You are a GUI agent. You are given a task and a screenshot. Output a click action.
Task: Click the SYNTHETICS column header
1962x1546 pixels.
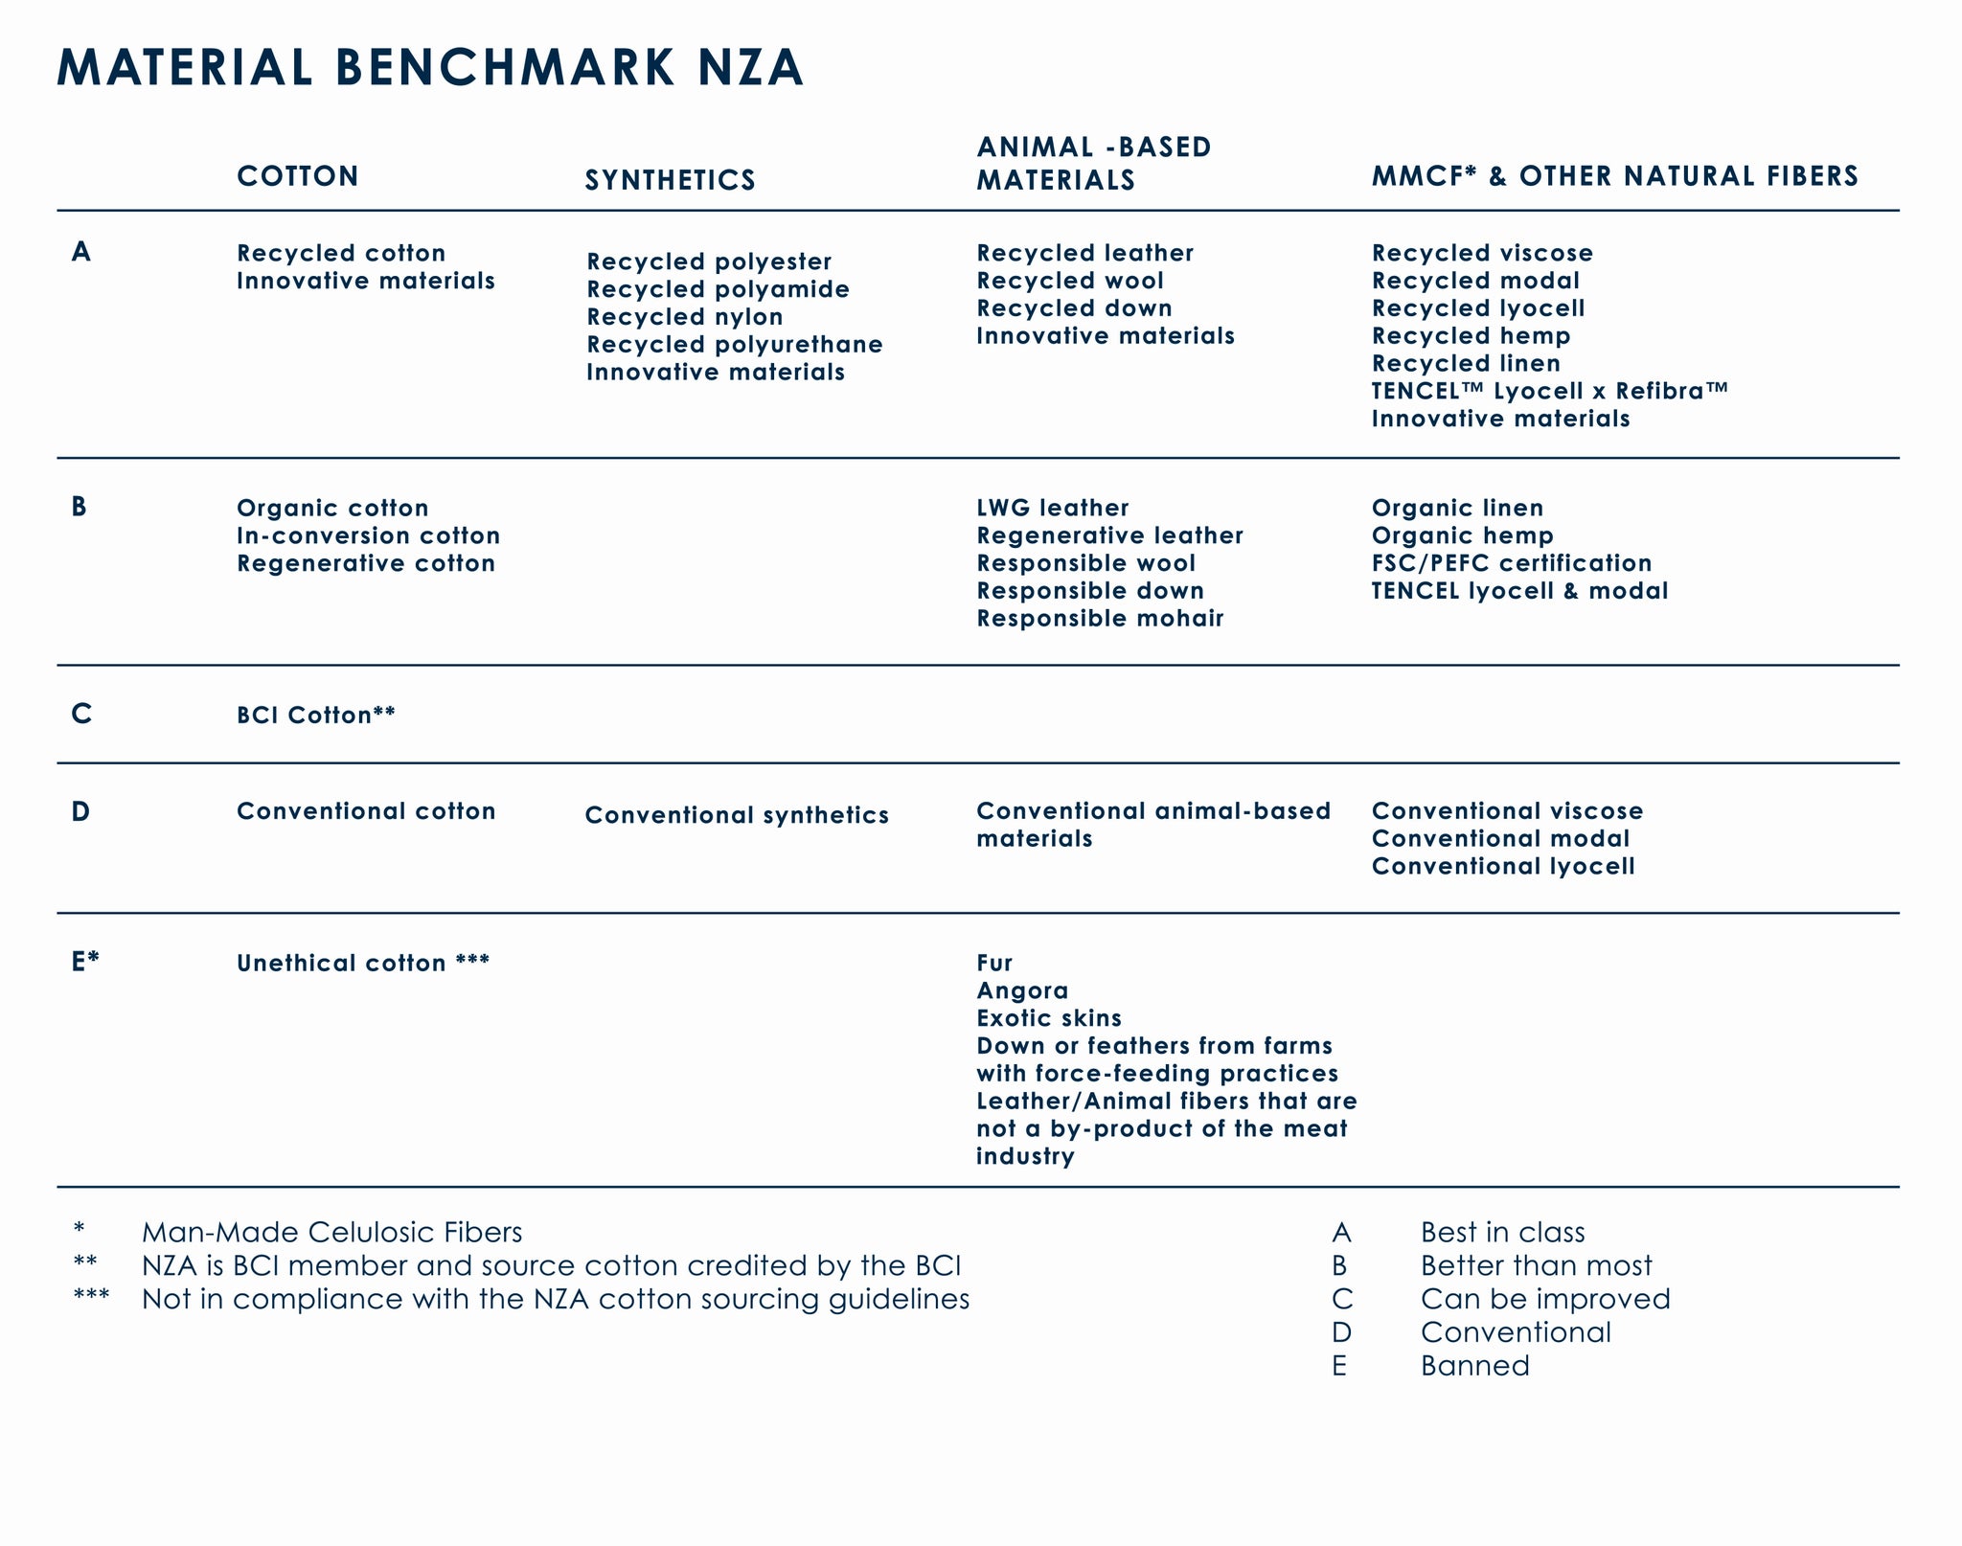click(x=671, y=180)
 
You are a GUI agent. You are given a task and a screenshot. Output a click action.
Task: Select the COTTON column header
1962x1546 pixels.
click(x=298, y=176)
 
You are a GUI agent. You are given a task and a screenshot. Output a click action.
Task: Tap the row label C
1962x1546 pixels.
click(x=81, y=714)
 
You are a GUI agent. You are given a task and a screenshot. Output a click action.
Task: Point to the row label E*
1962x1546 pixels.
click(x=85, y=962)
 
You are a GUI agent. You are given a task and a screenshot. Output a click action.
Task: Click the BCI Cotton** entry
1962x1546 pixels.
click(x=316, y=716)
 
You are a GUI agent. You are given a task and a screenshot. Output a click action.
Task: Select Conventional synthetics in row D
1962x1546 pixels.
click(x=737, y=815)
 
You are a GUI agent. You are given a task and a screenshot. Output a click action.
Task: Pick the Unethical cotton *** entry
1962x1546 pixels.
click(x=363, y=963)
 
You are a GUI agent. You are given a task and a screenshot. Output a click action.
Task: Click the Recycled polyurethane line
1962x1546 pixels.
click(x=735, y=344)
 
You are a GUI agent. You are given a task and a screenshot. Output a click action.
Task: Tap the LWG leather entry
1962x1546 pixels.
click(x=1053, y=508)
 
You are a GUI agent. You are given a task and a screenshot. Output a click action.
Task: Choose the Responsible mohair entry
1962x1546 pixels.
click(x=1100, y=618)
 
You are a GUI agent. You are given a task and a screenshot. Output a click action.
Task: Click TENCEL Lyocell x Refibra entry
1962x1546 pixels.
click(x=1549, y=391)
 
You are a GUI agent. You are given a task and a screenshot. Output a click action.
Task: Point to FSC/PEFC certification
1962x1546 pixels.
click(x=1512, y=563)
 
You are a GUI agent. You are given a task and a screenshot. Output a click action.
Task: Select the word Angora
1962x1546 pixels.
click(x=1022, y=990)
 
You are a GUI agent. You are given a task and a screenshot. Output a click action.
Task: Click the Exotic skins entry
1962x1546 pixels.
click(x=1049, y=1018)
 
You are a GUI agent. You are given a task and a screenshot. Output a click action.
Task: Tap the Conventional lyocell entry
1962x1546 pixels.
click(x=1503, y=866)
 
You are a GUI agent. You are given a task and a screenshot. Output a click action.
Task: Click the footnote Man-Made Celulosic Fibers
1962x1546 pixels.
click(x=331, y=1232)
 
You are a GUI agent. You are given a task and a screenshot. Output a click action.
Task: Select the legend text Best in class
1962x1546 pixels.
click(x=1502, y=1232)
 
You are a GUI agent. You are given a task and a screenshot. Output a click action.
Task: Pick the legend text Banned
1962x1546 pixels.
click(x=1474, y=1365)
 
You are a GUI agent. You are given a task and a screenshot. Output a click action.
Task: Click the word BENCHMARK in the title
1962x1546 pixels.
click(x=506, y=68)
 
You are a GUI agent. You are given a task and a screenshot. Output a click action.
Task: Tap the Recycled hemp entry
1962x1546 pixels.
click(x=1471, y=336)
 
